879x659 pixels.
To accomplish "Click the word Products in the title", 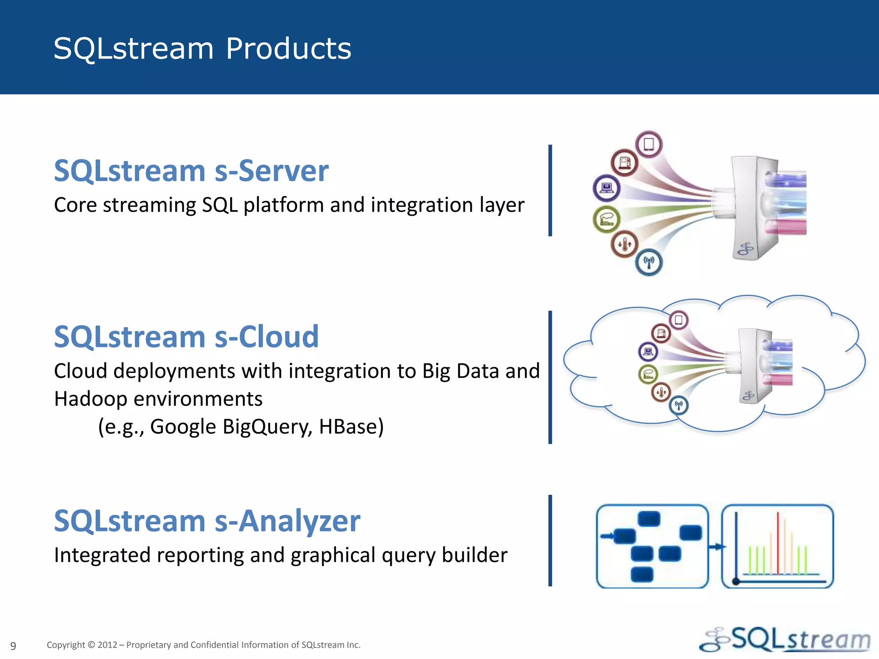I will tap(288, 48).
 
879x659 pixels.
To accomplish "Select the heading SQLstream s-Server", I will tap(191, 171).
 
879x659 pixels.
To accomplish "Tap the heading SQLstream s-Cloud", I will tap(186, 337).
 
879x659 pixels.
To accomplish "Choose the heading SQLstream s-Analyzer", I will tap(207, 521).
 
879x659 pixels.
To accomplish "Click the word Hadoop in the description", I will tap(91, 399).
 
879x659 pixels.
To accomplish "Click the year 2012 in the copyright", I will tap(107, 645).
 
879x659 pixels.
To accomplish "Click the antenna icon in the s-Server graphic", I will tap(649, 262).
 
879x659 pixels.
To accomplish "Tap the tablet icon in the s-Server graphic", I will tap(649, 144).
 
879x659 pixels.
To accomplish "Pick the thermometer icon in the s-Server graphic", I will tap(624, 244).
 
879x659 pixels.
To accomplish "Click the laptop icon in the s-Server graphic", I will tap(606, 188).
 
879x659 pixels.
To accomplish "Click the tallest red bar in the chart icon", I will tap(778, 543).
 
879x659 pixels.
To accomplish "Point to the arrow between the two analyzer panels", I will tap(715, 547).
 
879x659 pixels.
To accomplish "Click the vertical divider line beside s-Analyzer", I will tap(550, 541).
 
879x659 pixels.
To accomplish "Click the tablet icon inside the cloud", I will tap(679, 320).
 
